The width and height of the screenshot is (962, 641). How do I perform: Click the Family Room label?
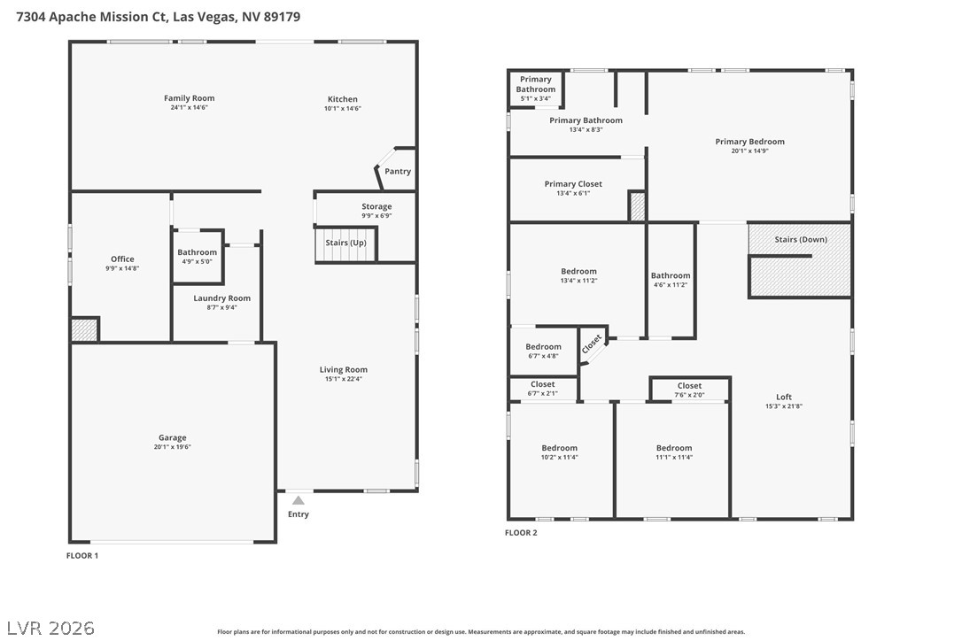coord(189,98)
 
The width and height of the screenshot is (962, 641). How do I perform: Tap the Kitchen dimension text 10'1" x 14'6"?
coord(342,109)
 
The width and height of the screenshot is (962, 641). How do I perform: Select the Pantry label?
coord(398,171)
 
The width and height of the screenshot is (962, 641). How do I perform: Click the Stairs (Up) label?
coord(346,243)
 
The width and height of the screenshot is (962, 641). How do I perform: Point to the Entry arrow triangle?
coord(299,500)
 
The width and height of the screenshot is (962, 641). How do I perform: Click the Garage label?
coord(173,437)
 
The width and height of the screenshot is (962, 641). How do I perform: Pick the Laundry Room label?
coord(222,298)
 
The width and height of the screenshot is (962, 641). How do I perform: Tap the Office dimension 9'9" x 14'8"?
coord(123,268)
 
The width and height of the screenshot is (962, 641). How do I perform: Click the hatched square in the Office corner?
coord(84,329)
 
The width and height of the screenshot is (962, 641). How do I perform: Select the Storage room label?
coord(376,206)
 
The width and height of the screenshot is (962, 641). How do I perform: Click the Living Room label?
coord(344,369)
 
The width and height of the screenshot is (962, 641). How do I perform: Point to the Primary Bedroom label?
coord(749,142)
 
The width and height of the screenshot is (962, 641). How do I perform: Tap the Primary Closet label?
coord(573,184)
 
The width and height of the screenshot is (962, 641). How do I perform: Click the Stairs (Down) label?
coord(801,239)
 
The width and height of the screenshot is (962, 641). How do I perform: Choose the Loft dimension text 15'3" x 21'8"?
coord(784,406)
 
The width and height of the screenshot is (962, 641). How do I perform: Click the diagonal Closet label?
coord(592,344)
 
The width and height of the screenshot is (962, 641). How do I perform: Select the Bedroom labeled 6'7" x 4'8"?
coord(543,346)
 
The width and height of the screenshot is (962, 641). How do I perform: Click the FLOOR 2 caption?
coord(521,532)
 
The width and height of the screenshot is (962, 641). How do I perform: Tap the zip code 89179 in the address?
coord(283,17)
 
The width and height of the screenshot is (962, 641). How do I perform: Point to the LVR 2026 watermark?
coord(50,628)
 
